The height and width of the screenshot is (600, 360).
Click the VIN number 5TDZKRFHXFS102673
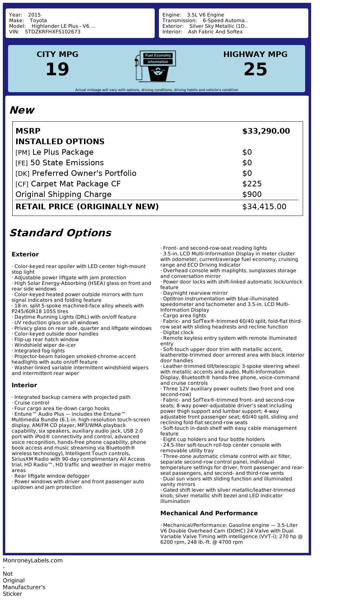pyautogui.click(x=53, y=32)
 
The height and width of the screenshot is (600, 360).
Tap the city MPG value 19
pyautogui.click(x=57, y=69)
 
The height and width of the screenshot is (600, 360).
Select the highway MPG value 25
pyautogui.click(x=255, y=69)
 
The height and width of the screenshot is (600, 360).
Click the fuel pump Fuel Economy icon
pyautogui.click(x=155, y=66)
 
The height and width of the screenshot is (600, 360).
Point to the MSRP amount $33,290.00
pyautogui.click(x=266, y=131)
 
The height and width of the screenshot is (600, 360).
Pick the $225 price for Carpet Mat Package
pyautogui.click(x=252, y=184)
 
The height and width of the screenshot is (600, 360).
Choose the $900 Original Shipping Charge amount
pyautogui.click(x=252, y=194)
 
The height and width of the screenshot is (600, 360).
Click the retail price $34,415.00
pyautogui.click(x=264, y=207)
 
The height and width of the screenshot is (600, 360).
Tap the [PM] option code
pyautogui.click(x=22, y=153)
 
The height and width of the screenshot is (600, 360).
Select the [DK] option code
pyautogui.click(x=22, y=174)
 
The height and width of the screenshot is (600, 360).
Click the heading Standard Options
pyautogui.click(x=60, y=233)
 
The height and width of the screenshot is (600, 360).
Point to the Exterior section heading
pyautogui.click(x=25, y=254)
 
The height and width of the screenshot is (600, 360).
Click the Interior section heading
pyautogui.click(x=24, y=385)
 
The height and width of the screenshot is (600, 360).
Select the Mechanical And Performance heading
pyautogui.click(x=209, y=513)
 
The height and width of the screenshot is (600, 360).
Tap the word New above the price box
pyautogui.click(x=22, y=110)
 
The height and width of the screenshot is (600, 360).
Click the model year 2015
pyautogui.click(x=34, y=15)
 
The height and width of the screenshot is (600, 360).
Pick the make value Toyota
pyautogui.click(x=38, y=20)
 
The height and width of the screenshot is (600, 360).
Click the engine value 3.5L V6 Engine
pyautogui.click(x=205, y=15)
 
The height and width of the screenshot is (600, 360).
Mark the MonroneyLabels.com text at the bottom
pyautogui.click(x=33, y=560)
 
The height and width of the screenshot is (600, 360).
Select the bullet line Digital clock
pyautogui.click(x=178, y=332)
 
